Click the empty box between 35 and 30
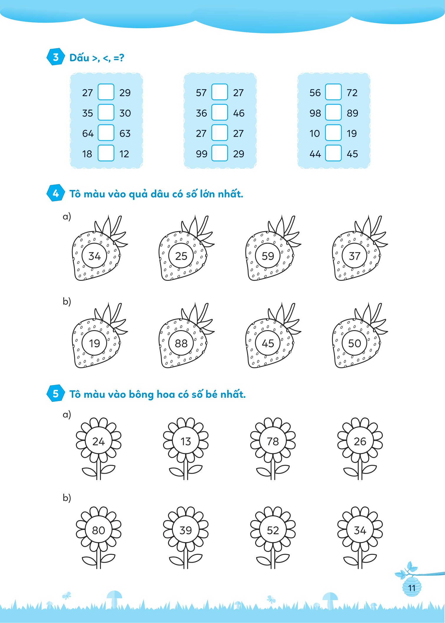click(x=106, y=112)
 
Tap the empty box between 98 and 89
click(x=333, y=112)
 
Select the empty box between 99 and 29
click(x=220, y=153)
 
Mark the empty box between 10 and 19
click(x=333, y=133)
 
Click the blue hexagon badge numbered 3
click(x=56, y=57)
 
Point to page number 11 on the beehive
click(x=412, y=588)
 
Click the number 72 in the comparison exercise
click(x=352, y=93)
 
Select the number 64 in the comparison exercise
click(x=88, y=133)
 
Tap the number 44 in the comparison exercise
click(x=315, y=154)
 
